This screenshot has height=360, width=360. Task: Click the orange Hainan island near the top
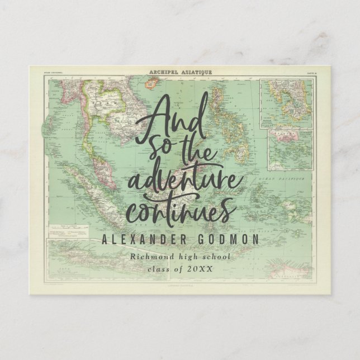pyautogui.click(x=151, y=84)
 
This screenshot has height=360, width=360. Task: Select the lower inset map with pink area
pyautogui.click(x=290, y=149)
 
